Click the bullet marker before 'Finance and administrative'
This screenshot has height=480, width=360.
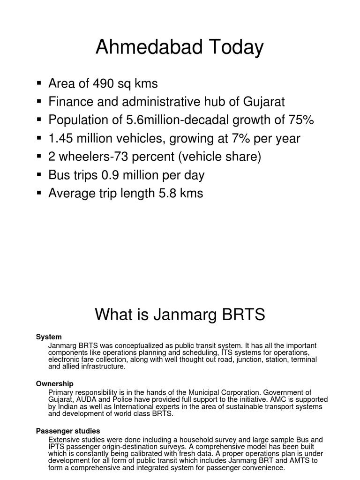39,101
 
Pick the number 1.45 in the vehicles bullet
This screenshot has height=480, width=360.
60,138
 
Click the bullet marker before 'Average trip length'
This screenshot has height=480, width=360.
39,193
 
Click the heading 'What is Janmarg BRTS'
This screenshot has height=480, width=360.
180,315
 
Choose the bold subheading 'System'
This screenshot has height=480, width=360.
49,337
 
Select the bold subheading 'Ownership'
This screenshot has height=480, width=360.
55,383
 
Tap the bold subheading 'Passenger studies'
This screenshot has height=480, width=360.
68,431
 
